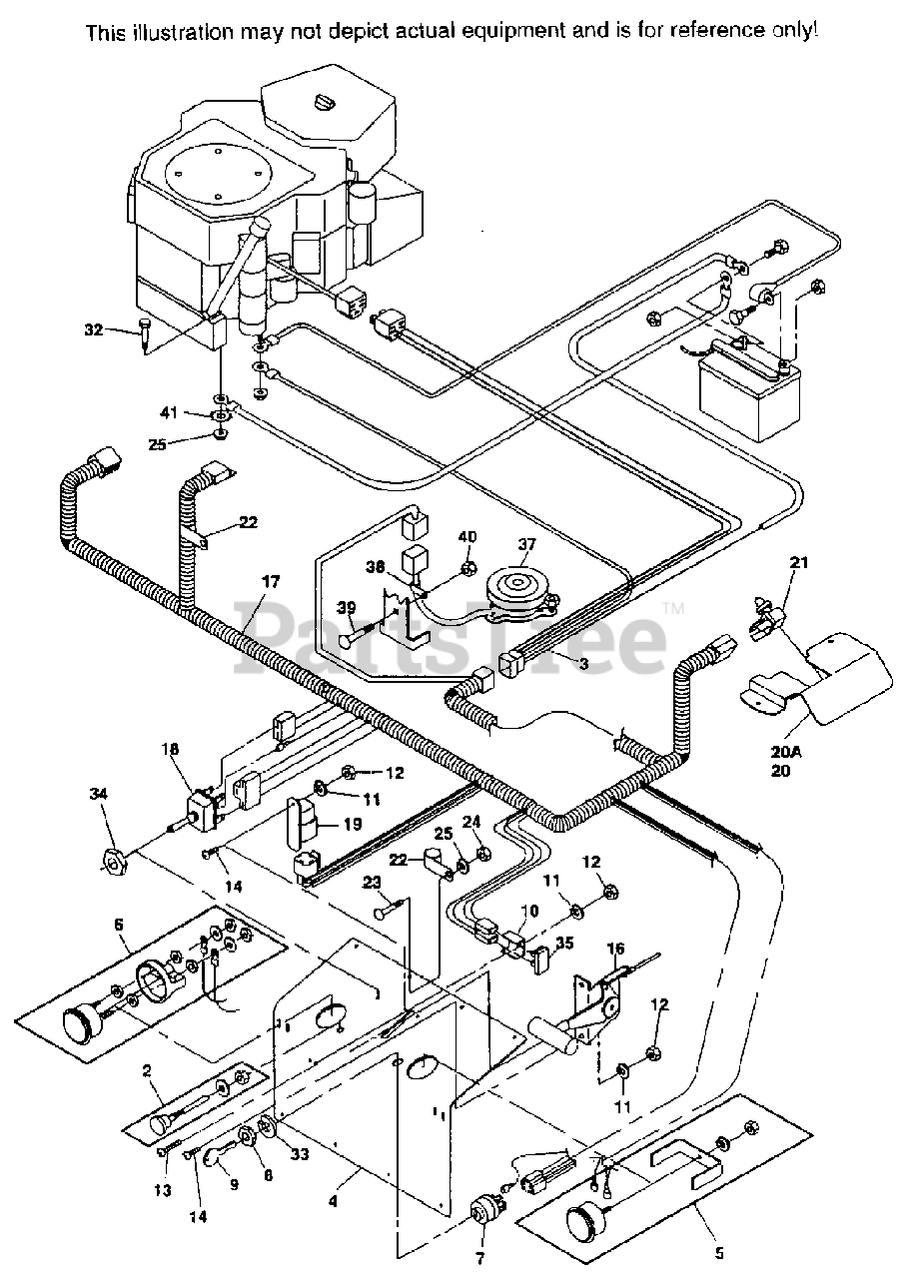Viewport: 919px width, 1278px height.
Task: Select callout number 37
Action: pos(526,544)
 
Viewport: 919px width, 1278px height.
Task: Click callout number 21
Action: pos(770,591)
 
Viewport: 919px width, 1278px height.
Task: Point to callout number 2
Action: pos(146,1070)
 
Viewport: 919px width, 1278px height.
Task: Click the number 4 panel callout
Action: pos(333,1202)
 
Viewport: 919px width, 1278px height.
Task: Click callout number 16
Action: pos(616,949)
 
